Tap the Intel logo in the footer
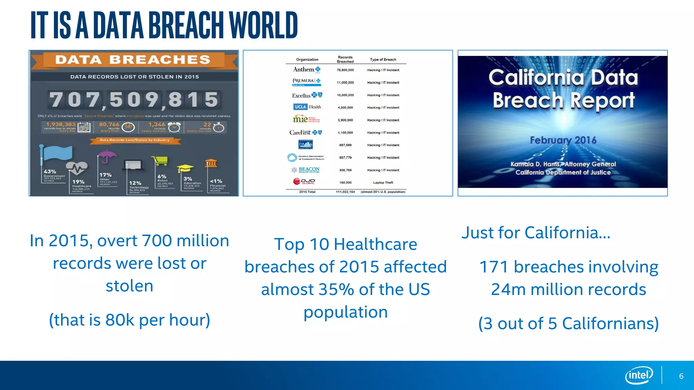point(639,375)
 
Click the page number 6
point(681,376)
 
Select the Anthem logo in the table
point(306,70)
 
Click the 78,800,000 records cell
point(345,70)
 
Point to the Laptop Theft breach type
point(383,182)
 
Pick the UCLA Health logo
point(307,107)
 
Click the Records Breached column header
point(345,59)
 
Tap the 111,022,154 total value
point(345,192)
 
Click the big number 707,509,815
point(134,100)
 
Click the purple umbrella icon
point(107,156)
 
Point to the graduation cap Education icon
point(185,168)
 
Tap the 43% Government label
point(50,172)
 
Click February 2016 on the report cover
point(563,140)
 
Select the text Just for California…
point(536,233)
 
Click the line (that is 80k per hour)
point(129,320)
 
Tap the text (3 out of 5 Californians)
point(568,323)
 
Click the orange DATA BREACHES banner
point(133,60)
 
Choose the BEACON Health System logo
point(306,170)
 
